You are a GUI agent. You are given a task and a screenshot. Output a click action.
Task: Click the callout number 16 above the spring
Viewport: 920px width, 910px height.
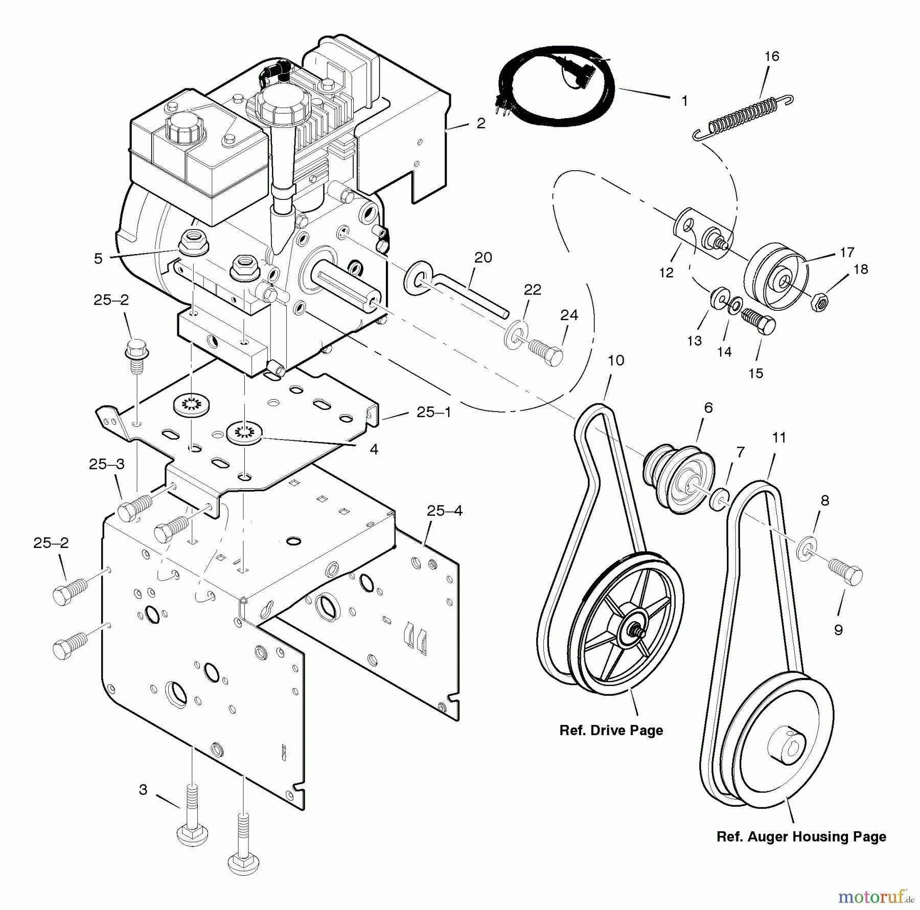coord(771,56)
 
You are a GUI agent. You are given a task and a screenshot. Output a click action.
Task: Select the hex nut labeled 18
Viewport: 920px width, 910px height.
coord(820,303)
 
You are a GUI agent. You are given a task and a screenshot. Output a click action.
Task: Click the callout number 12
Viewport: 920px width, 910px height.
coord(666,273)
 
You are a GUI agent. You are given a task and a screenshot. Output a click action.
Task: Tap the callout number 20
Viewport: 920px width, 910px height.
coord(483,257)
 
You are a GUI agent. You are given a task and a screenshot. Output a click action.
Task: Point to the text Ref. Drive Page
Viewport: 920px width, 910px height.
coord(611,730)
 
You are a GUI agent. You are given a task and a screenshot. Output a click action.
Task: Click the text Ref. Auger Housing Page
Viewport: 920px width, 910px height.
coord(801,837)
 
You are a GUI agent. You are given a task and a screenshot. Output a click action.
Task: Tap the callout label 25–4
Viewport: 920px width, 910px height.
coord(445,510)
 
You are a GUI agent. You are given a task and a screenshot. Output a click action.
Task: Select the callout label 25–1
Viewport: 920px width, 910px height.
coord(434,412)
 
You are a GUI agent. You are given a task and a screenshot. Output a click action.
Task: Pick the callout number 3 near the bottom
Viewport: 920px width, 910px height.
coord(143,789)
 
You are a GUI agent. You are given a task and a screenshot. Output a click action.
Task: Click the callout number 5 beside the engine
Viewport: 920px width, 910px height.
coord(98,259)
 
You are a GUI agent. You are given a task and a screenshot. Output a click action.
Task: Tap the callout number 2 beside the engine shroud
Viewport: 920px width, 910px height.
coord(480,124)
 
